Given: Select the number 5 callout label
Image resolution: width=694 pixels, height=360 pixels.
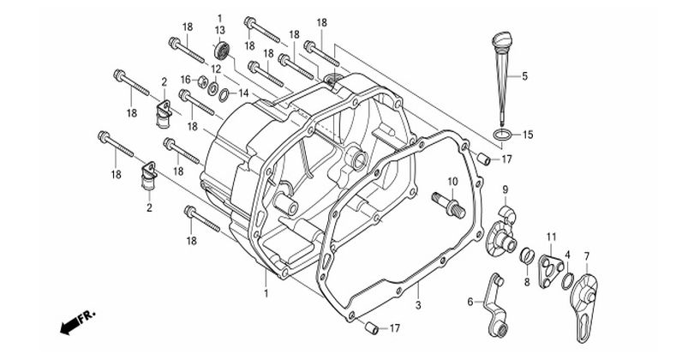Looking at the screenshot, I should (x=525, y=76).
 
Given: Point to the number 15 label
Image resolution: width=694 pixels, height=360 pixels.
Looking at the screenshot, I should (x=528, y=135).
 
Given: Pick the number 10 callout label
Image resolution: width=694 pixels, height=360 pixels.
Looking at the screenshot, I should (x=452, y=181).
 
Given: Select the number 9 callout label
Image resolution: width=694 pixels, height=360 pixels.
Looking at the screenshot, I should (x=506, y=189).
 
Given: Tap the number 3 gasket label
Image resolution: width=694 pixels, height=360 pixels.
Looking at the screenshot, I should (x=418, y=304).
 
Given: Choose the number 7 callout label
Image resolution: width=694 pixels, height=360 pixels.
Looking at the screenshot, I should (x=587, y=256).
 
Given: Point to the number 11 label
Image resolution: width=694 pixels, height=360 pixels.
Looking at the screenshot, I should (x=551, y=236).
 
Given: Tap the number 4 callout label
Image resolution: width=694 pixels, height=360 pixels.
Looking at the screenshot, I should (x=567, y=255).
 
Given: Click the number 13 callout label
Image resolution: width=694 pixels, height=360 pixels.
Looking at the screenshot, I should (x=219, y=30).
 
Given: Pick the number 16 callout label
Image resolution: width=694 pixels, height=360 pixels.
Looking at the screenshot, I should (x=184, y=80).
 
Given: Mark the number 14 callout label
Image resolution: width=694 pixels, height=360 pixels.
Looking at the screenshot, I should (x=243, y=93).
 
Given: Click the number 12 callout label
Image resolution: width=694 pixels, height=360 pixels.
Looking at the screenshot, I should (x=218, y=68).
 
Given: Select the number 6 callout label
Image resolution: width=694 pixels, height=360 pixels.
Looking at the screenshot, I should (x=470, y=301).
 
